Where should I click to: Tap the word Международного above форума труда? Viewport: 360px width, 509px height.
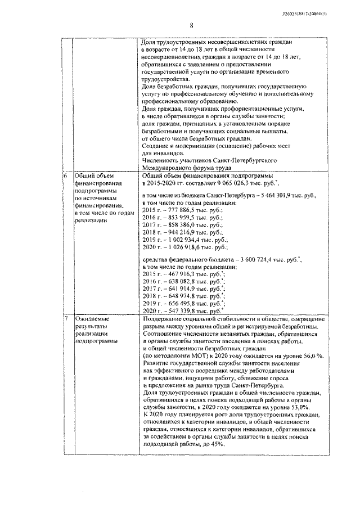point(171,167)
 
